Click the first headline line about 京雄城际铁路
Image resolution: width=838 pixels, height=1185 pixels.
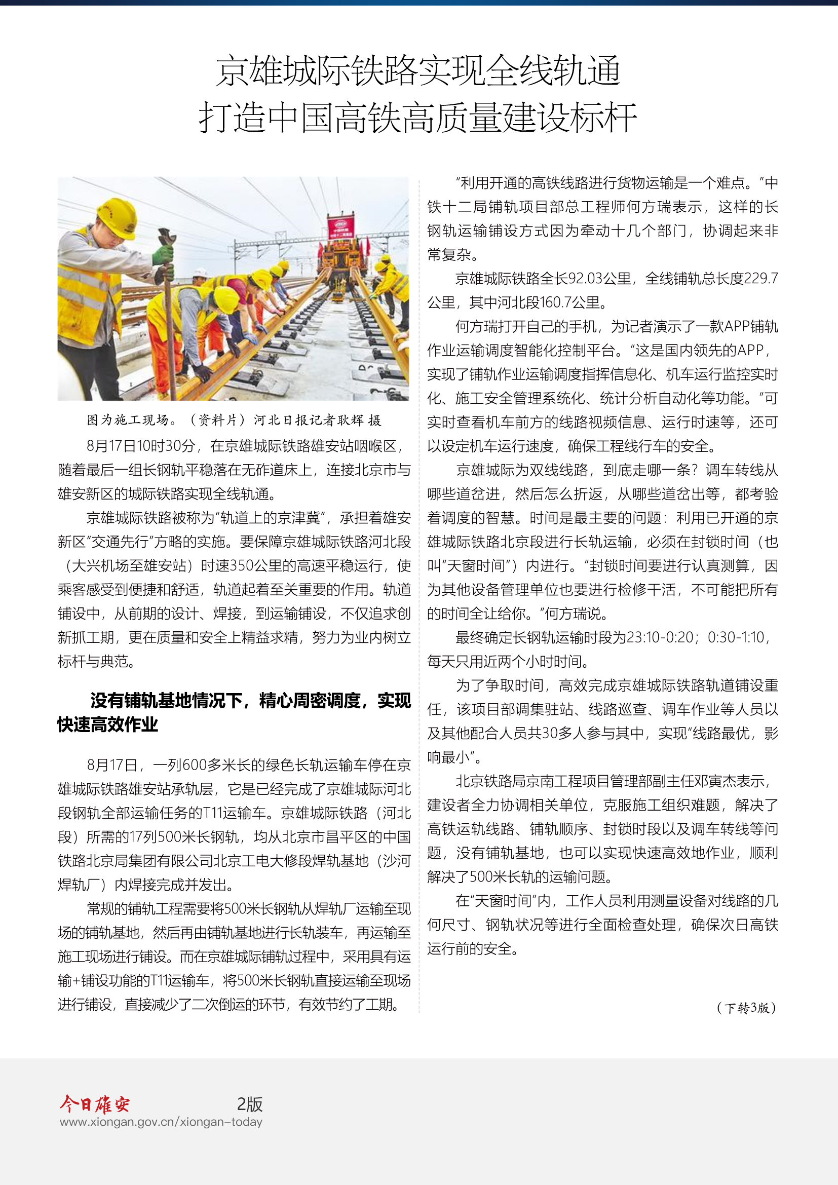(418, 71)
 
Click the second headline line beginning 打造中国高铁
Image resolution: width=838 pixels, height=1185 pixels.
(418, 118)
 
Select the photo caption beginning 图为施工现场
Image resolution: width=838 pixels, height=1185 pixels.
(234, 420)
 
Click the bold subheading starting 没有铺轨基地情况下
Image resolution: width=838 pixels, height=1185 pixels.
(234, 712)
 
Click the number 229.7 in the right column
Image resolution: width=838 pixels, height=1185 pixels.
(761, 279)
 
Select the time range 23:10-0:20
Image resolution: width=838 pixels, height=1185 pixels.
(660, 637)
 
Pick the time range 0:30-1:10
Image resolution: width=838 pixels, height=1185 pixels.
(735, 637)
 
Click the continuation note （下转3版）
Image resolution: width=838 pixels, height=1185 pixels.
(746, 1008)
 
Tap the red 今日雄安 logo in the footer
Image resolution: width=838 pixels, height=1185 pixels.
(94, 1104)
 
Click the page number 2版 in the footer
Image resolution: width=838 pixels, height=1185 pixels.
(250, 1104)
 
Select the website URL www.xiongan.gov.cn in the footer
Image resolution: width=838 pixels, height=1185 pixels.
(161, 1122)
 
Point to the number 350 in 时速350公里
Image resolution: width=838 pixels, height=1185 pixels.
(241, 566)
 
